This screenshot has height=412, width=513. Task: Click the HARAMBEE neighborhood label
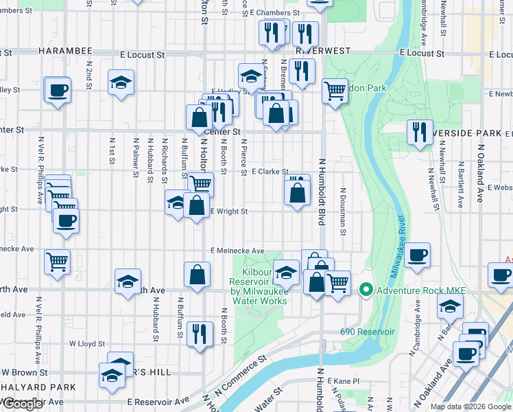click(x=65, y=51)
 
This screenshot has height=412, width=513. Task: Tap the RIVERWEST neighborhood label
click(x=323, y=51)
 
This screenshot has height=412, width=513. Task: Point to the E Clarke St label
click(x=270, y=172)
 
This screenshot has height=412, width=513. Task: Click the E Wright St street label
click(x=228, y=211)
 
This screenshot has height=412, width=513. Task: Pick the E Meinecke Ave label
click(x=237, y=251)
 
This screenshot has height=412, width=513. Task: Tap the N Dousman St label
click(x=342, y=213)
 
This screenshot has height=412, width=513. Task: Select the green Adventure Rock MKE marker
click(x=366, y=290)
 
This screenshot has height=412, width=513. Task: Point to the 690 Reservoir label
click(x=367, y=332)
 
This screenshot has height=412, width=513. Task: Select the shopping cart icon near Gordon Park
click(x=335, y=90)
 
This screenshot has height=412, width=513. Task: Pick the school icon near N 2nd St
click(x=121, y=83)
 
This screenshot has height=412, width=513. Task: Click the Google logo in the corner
click(x=23, y=404)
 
